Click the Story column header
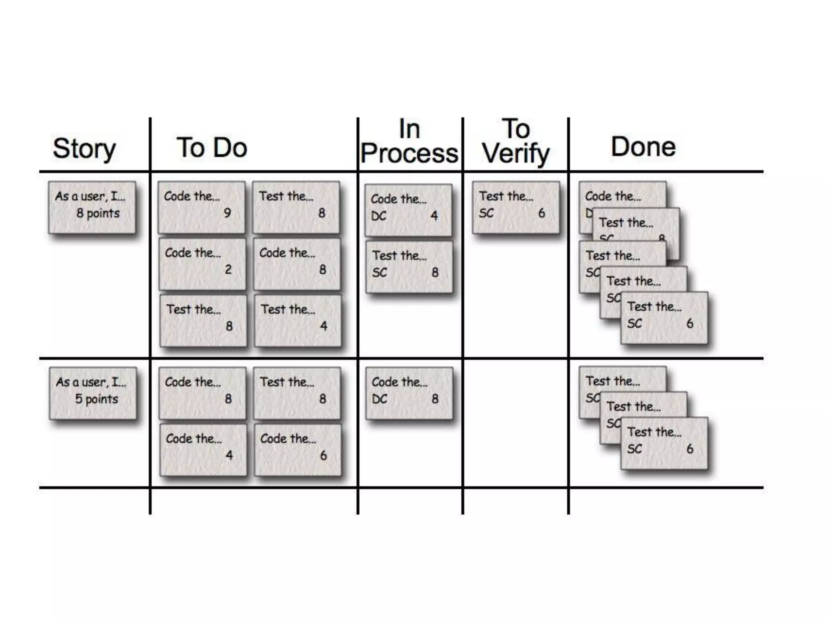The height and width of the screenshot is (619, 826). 84,149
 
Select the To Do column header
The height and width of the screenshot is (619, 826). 212,147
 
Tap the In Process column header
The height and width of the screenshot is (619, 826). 409,141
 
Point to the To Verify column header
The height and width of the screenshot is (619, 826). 516,141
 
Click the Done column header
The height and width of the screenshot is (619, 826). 643,147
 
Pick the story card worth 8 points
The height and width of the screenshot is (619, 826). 92,207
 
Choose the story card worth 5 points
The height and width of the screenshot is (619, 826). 93,393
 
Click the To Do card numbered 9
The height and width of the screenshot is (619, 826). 201,207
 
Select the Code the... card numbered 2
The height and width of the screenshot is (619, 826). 202,264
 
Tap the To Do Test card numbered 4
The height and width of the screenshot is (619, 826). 298,320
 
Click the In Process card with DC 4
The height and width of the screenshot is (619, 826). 408,210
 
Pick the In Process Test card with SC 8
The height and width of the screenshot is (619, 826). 409,266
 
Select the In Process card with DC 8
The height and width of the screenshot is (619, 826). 409,393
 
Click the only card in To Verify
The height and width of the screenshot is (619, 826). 516,207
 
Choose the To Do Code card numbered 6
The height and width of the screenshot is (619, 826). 298,449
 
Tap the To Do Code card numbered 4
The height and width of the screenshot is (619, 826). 203,449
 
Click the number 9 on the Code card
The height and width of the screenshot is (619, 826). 227,213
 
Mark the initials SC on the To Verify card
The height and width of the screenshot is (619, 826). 486,213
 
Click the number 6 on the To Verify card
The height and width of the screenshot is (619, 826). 542,213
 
